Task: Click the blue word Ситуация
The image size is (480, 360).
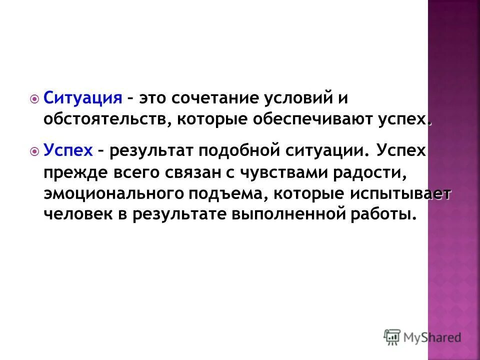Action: [x=82, y=97]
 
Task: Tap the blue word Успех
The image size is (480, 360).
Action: [x=68, y=150]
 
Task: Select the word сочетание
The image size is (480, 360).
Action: [x=212, y=97]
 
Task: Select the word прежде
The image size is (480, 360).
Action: [x=72, y=172]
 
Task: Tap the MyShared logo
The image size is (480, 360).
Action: [x=422, y=337]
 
